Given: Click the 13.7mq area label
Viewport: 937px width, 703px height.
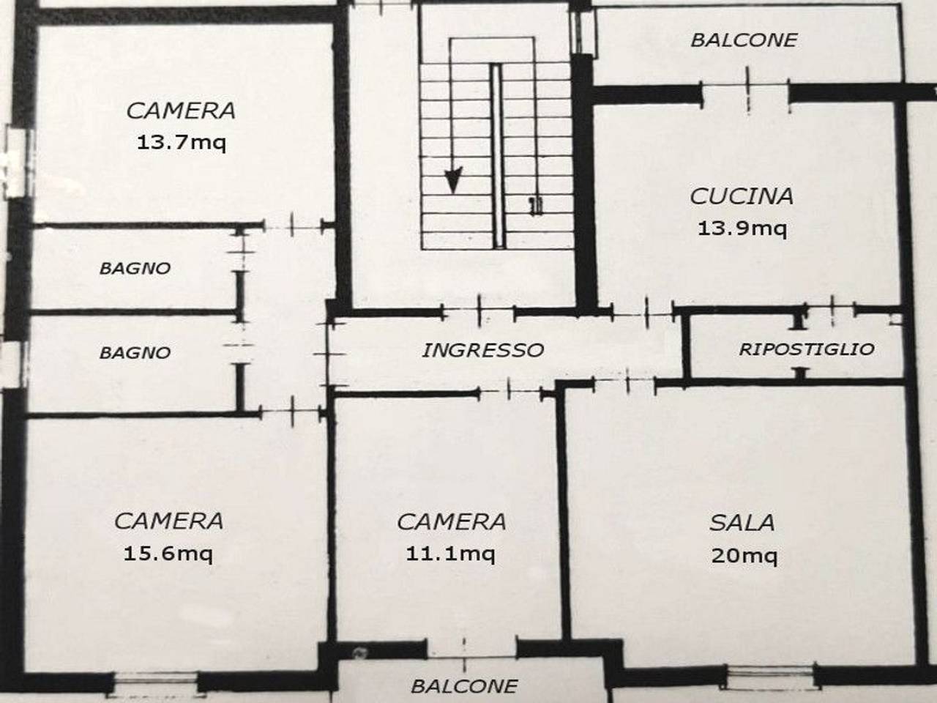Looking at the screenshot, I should click(182, 142).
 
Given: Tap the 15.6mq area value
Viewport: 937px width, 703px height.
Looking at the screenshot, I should click(168, 553).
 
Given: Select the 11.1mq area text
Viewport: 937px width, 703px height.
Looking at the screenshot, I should click(450, 554).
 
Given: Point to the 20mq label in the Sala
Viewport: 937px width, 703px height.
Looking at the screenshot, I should click(744, 556).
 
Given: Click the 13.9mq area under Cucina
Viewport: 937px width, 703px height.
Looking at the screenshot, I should click(742, 228).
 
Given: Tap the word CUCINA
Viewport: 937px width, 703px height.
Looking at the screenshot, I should click(742, 196).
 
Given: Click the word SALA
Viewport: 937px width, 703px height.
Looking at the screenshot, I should click(742, 523).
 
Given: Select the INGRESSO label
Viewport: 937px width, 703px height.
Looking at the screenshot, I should click(482, 350).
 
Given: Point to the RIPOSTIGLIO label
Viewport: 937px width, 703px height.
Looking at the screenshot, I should click(806, 349).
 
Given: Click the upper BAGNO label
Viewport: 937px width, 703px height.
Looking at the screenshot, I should click(135, 268).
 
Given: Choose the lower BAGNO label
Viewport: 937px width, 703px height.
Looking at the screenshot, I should click(135, 353).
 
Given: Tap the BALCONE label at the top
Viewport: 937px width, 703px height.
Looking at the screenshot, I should click(744, 40).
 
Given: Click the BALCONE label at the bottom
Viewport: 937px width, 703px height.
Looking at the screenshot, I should click(464, 686).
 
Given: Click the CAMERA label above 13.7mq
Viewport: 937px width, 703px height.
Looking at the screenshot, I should click(181, 111).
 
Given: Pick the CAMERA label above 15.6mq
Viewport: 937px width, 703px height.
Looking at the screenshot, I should click(168, 521).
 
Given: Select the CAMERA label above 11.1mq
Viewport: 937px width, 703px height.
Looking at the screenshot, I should click(451, 521).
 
